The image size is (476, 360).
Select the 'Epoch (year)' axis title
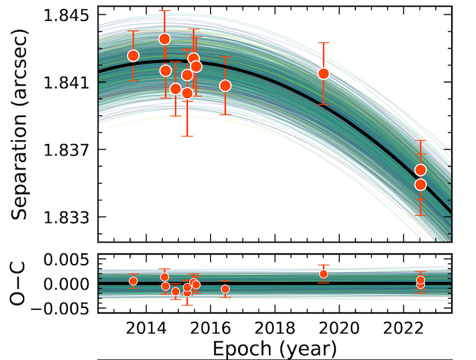click(x=274, y=348)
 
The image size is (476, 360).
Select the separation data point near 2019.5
click(x=324, y=74)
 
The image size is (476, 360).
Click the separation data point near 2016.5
click(x=225, y=86)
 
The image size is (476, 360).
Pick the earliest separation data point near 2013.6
click(x=133, y=55)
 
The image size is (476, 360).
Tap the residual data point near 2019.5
click(x=324, y=274)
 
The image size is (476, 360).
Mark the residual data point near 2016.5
click(x=225, y=289)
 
